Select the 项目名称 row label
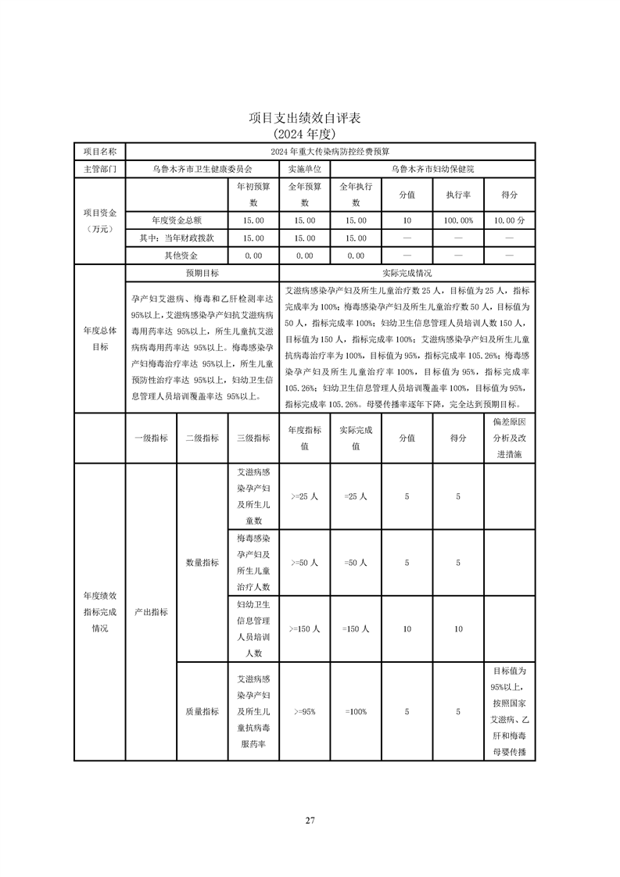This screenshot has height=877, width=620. (x=99, y=150)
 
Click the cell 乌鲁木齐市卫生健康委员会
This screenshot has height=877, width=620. (x=202, y=168)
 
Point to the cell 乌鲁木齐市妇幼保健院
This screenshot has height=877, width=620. (x=432, y=168)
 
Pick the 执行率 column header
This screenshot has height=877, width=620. (x=458, y=194)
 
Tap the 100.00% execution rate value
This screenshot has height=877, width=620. (x=458, y=220)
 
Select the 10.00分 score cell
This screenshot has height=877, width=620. (x=509, y=220)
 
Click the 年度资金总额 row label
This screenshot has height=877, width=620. (x=176, y=220)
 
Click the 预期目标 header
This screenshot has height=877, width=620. (x=202, y=274)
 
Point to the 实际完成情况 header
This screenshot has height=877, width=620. (x=407, y=274)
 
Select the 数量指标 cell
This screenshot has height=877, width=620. (x=202, y=562)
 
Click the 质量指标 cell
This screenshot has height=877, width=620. (x=202, y=711)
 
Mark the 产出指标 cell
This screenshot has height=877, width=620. (x=151, y=612)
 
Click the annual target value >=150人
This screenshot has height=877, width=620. (x=304, y=628)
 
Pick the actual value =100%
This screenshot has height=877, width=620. (x=355, y=711)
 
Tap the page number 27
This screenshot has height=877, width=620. (x=310, y=820)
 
